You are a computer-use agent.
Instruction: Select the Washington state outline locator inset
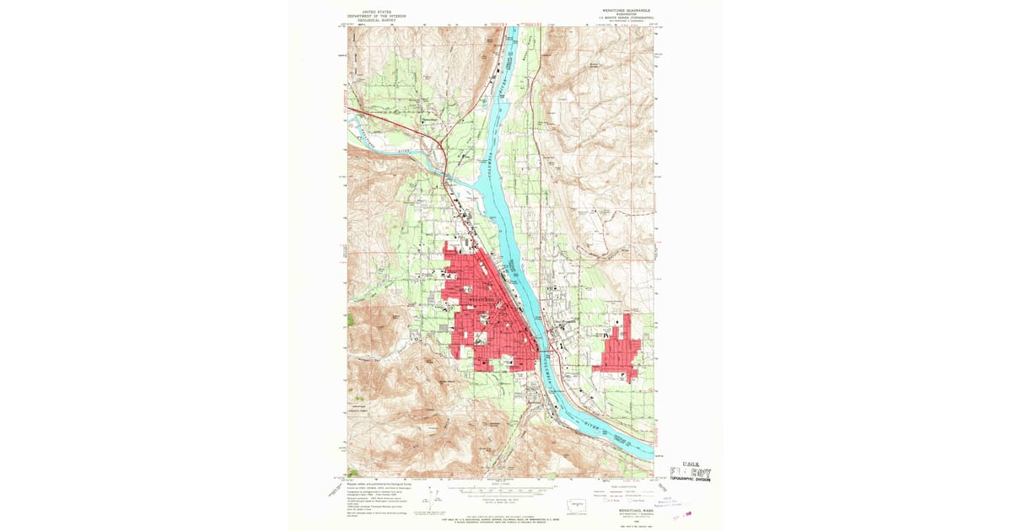[575, 503]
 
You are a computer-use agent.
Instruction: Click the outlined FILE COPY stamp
[691, 471]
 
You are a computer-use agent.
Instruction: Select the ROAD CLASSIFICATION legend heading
[625, 485]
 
